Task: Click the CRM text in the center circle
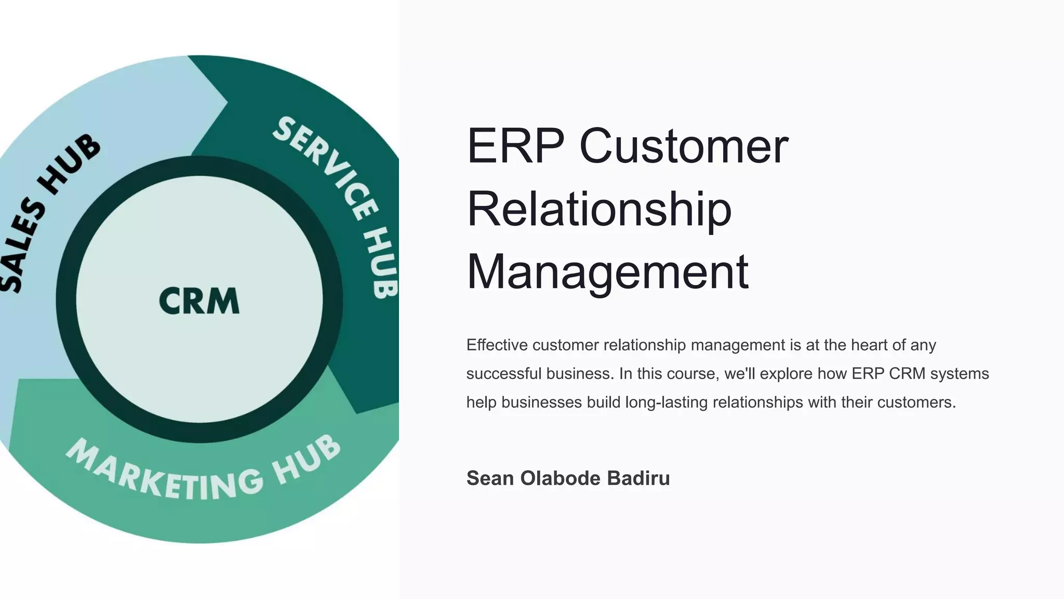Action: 199,301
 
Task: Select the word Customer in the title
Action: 684,147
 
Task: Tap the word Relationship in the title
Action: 599,209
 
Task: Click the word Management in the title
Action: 607,272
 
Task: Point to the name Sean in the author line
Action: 490,478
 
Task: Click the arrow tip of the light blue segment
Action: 227,102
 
